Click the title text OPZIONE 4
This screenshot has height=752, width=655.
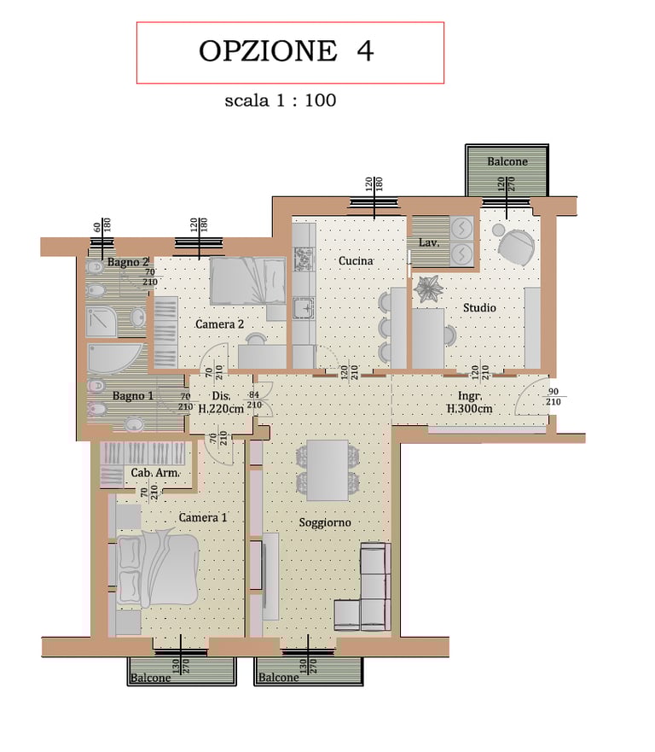click(286, 51)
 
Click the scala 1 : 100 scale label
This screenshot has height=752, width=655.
click(281, 101)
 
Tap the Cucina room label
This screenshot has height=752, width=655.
click(356, 261)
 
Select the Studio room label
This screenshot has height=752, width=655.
click(479, 308)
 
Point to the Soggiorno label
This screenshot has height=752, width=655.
click(325, 522)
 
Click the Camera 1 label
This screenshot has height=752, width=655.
click(203, 517)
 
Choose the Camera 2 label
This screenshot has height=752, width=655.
click(219, 324)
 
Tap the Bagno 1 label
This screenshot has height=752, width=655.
click(133, 396)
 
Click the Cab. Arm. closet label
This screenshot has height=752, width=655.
click(154, 473)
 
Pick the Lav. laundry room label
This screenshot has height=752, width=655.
click(429, 242)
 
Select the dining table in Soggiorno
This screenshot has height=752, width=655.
click(327, 470)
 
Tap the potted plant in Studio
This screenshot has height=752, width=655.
click(429, 289)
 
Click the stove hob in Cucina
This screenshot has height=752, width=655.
click(304, 259)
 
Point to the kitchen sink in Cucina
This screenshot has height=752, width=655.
click(304, 309)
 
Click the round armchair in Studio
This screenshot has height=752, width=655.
click(516, 247)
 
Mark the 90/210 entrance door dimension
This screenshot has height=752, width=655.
click(554, 397)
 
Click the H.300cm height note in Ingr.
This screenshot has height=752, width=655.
click(470, 409)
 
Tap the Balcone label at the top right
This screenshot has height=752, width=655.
click(507, 161)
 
